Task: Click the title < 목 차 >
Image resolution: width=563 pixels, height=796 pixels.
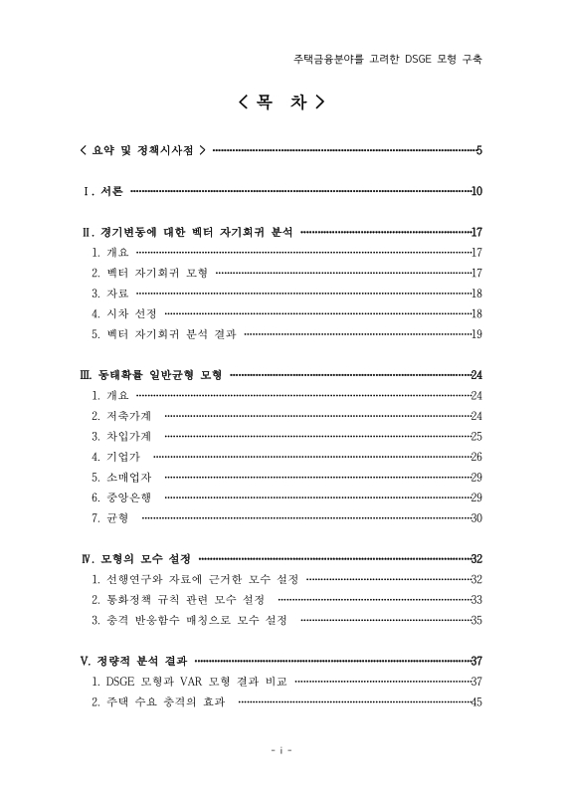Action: pos(281,103)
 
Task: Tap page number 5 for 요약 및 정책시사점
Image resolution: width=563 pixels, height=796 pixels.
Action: pos(478,151)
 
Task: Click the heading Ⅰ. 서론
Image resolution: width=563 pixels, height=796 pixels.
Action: pos(103,191)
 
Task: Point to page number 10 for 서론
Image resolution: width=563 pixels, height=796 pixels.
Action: pos(476,191)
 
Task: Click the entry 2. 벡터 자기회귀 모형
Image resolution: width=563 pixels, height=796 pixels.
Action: pos(148,273)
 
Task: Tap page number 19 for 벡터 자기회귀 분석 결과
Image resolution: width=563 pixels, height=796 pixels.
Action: pos(476,334)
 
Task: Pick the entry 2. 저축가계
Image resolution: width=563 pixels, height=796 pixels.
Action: pos(121,416)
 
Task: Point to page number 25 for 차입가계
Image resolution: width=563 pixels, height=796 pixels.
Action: pos(476,437)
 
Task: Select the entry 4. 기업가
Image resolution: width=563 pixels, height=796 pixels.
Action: pos(115,457)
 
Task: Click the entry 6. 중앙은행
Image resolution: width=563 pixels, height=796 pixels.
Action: pos(121,497)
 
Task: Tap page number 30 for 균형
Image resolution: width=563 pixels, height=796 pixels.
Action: pos(476,518)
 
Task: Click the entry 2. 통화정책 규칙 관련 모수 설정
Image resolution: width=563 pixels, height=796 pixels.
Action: pos(178,600)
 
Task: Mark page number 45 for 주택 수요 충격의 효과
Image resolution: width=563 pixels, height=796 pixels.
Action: pos(476,702)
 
